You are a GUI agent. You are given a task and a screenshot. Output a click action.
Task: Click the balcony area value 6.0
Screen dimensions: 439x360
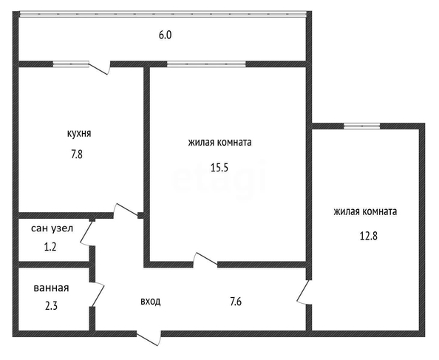pyautogui.click(x=166, y=35)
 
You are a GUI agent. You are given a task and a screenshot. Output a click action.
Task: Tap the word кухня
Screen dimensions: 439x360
pyautogui.click(x=79, y=133)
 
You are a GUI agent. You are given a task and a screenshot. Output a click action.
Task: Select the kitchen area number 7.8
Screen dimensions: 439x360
pyautogui.click(x=77, y=154)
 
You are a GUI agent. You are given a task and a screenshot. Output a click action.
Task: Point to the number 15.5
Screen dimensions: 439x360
pyautogui.click(x=219, y=167)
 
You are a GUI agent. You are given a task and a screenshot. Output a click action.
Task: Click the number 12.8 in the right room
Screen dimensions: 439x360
pyautogui.click(x=369, y=236)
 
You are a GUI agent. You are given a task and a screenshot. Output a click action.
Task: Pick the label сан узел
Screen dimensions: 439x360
pyautogui.click(x=52, y=228)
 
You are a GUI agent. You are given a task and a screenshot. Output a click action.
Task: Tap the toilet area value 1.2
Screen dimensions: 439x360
pyautogui.click(x=50, y=247)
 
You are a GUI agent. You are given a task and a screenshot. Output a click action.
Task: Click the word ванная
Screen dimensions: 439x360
pyautogui.click(x=51, y=288)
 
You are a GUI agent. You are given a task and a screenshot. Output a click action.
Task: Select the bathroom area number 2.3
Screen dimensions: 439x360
pyautogui.click(x=51, y=306)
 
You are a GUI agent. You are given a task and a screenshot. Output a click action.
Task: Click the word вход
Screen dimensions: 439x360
pyautogui.click(x=151, y=302)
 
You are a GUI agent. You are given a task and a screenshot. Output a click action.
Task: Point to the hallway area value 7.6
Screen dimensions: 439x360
pyautogui.click(x=236, y=302)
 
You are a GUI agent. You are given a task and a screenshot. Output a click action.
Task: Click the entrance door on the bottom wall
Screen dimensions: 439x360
pyautogui.click(x=149, y=338)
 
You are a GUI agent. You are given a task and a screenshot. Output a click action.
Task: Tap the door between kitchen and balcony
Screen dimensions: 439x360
pyautogui.click(x=100, y=67)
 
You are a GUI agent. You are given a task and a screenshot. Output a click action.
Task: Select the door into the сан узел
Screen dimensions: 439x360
pyautogui.click(x=87, y=233)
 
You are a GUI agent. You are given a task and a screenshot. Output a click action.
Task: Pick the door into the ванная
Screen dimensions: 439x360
pyautogui.click(x=98, y=293)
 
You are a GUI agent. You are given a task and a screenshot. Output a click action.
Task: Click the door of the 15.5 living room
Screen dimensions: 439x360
pyautogui.click(x=205, y=259)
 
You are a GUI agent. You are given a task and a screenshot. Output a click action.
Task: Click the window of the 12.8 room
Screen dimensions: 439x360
pyautogui.click(x=361, y=126)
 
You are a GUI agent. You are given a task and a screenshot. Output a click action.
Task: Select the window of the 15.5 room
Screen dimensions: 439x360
pyautogui.click(x=206, y=64)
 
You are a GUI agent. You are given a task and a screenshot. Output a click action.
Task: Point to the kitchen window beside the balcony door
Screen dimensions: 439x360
pyautogui.click(x=71, y=64)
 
